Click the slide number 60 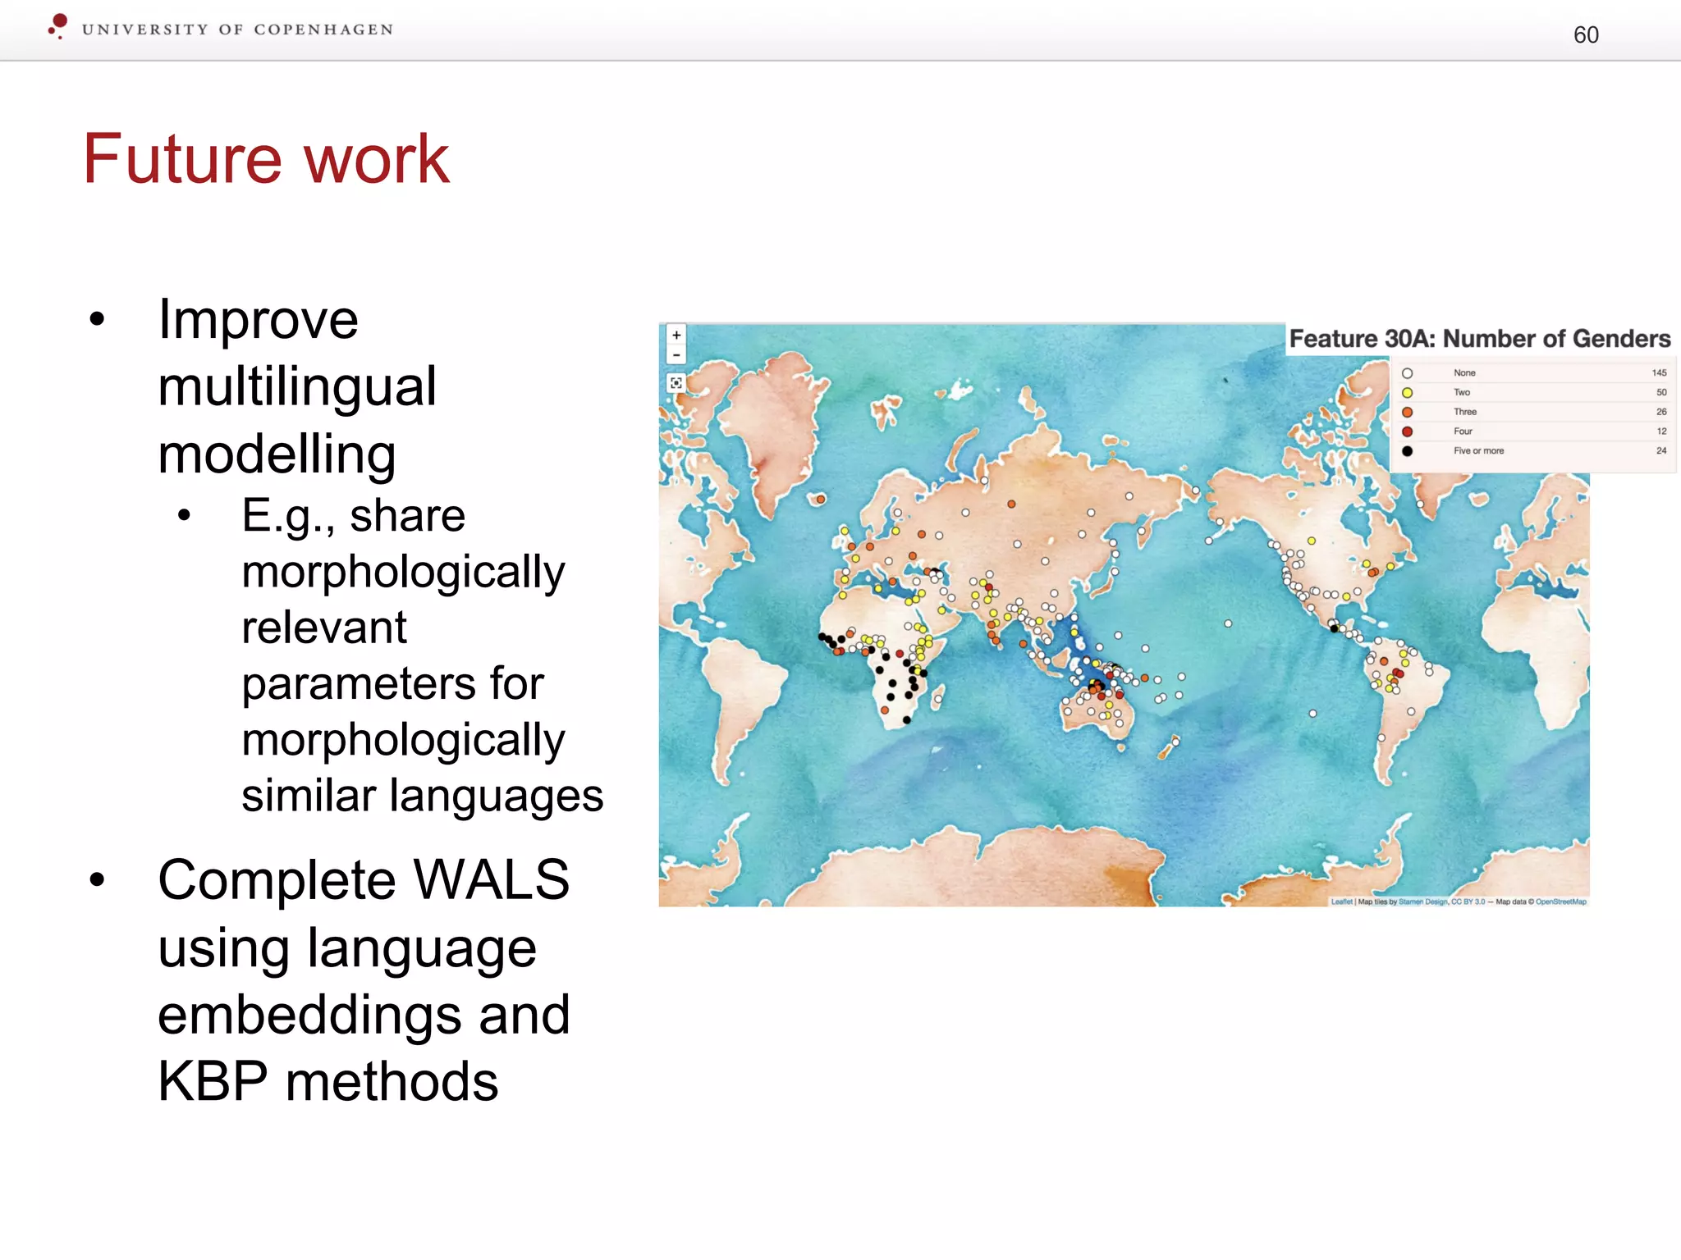1585,34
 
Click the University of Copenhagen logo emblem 57,25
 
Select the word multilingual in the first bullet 297,386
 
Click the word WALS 491,879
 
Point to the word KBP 213,1081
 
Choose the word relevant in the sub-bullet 323,628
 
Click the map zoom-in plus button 676,335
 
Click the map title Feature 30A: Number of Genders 1479,339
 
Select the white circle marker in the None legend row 1407,373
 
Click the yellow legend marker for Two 1407,393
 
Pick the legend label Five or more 1478,451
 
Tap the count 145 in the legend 1659,372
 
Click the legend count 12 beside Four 1661,431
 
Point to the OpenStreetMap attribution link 1560,902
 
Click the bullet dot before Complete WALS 98,880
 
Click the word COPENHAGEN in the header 323,30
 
